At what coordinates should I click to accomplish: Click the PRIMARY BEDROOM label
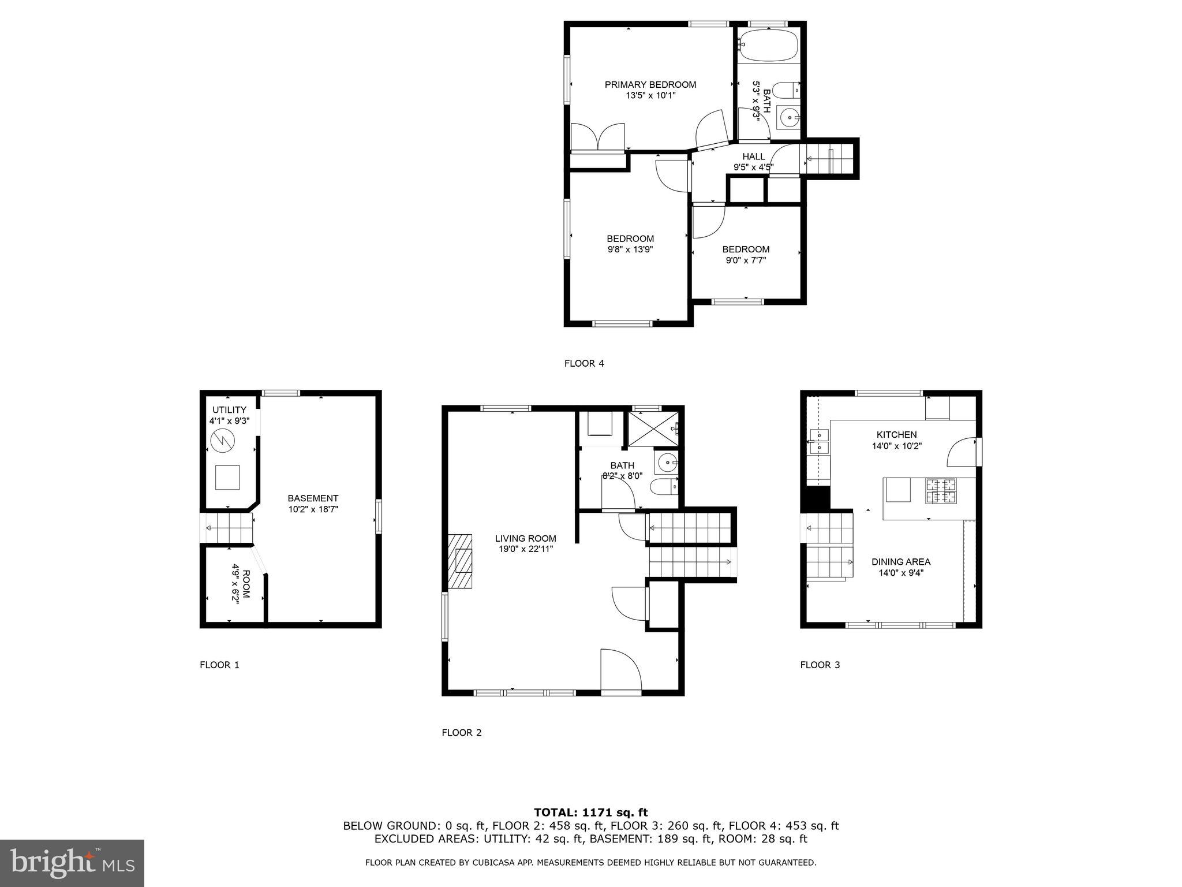[650, 85]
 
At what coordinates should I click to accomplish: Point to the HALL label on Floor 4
[753, 156]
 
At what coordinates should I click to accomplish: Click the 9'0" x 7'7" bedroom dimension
[746, 260]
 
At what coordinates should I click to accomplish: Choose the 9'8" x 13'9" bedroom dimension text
[630, 249]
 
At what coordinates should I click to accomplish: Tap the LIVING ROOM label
[525, 538]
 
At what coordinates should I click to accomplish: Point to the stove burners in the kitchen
[941, 490]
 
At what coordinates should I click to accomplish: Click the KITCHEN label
[896, 435]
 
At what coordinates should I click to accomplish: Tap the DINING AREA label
[900, 562]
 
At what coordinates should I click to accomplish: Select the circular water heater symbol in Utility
[223, 442]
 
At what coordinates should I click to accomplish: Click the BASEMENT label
[313, 498]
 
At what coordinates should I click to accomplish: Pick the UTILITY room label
[229, 410]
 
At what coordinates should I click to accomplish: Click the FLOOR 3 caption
[820, 665]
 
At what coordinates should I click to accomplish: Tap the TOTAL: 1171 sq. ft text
[590, 813]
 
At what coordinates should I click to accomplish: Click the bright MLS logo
[72, 863]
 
